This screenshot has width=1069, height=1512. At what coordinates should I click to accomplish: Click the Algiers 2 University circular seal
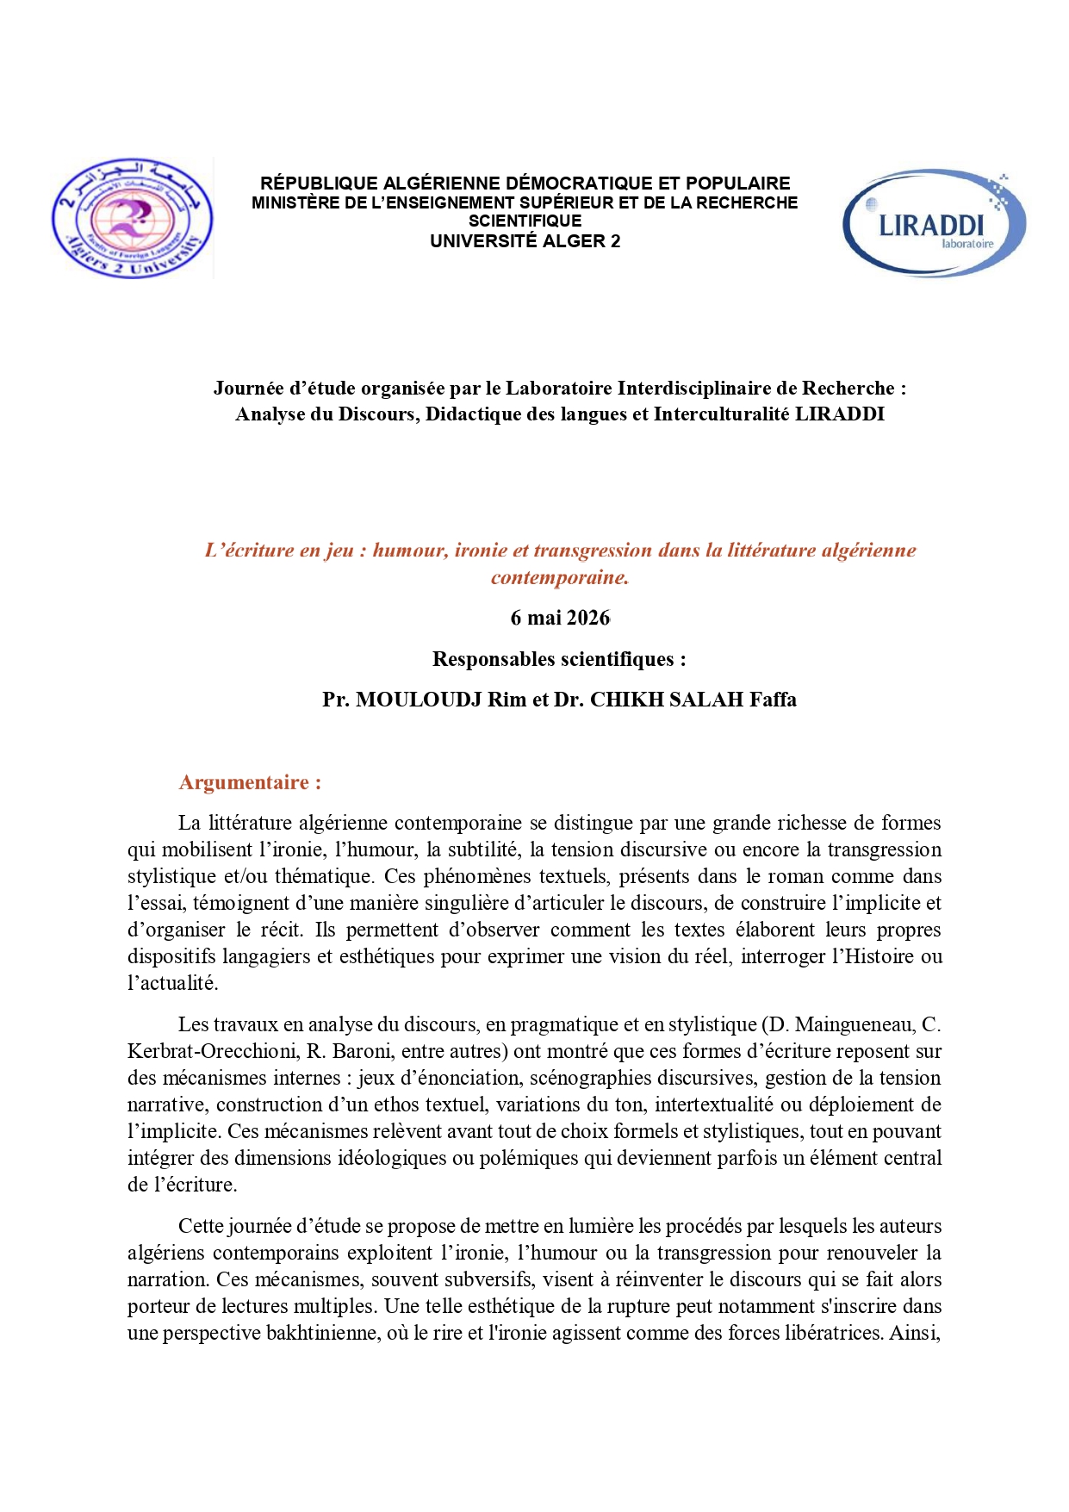(x=132, y=218)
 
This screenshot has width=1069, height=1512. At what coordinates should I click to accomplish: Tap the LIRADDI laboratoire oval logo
(x=934, y=223)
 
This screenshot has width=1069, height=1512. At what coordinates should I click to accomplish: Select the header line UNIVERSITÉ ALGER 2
(x=525, y=241)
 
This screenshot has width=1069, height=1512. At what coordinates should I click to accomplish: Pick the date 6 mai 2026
(x=560, y=618)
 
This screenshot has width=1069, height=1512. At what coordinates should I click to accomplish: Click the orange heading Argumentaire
(x=249, y=782)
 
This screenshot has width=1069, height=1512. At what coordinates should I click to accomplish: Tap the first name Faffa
(x=773, y=700)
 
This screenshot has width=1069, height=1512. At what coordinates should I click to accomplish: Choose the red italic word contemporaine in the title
(x=559, y=577)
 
